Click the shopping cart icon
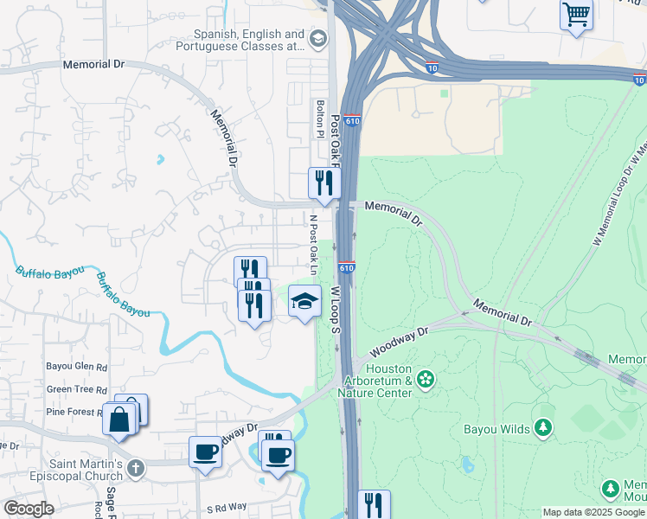pos(575,15)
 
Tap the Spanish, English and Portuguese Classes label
pos(248,40)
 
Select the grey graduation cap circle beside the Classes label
pos(318,39)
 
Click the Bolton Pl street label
pos(319,118)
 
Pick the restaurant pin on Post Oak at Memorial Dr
pos(324,183)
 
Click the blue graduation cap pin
pos(304,301)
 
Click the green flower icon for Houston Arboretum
pos(425,379)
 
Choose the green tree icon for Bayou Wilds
pos(542,427)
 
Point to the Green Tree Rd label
pos(76,390)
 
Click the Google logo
pos(29,508)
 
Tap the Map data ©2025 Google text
pos(593,512)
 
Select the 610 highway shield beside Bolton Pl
pos(351,122)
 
